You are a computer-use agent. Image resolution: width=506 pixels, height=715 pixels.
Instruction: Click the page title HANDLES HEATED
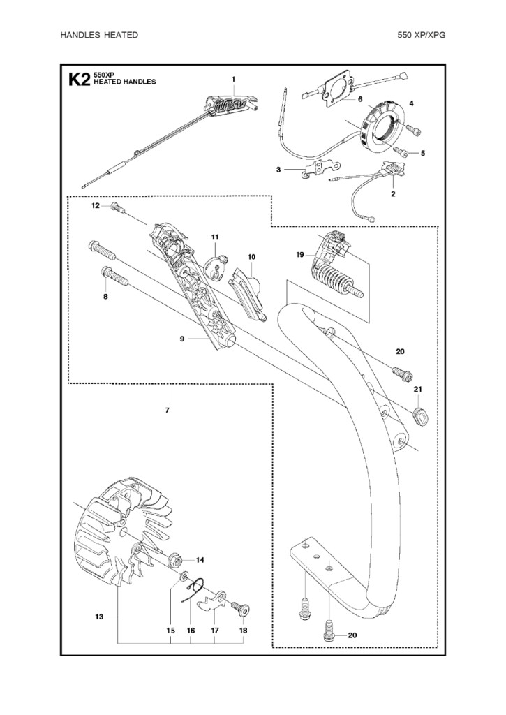pyautogui.click(x=99, y=35)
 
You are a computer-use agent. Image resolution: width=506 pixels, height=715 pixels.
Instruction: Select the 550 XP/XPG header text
pyautogui.click(x=422, y=35)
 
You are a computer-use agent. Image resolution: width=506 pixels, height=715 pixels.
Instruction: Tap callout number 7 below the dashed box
pyautogui.click(x=168, y=411)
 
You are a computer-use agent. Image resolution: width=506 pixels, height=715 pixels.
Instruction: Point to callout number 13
pyautogui.click(x=99, y=617)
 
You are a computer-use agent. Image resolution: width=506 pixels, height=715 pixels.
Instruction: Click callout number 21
pyautogui.click(x=417, y=389)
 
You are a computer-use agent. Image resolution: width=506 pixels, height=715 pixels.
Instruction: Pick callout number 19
pyautogui.click(x=300, y=255)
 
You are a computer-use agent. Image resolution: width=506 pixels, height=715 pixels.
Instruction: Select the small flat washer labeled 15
pyautogui.click(x=184, y=577)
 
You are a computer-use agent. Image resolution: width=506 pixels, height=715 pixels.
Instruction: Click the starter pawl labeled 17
pyautogui.click(x=212, y=600)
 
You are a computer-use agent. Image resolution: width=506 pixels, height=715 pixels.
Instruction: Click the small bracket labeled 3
pyautogui.click(x=322, y=170)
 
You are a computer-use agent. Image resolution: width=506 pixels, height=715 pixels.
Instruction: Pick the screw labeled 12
pyautogui.click(x=118, y=207)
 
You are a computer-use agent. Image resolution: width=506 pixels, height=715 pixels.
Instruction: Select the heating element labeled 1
pyautogui.click(x=232, y=104)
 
